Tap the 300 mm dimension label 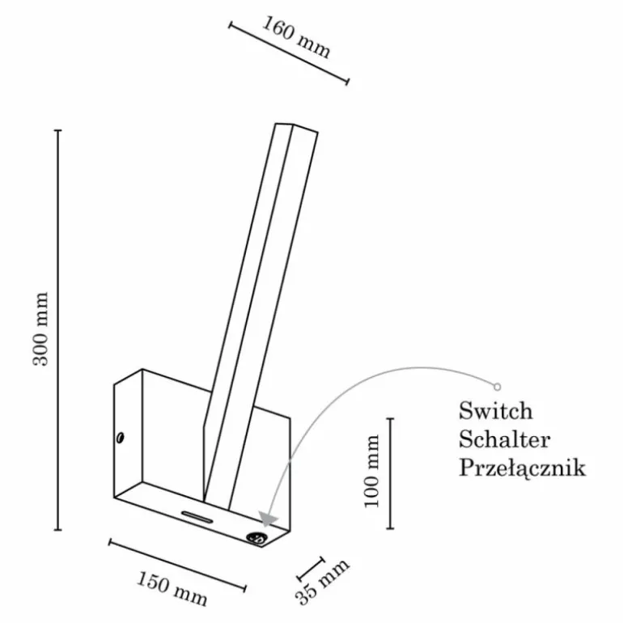click(40, 328)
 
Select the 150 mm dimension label click(172, 589)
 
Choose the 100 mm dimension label click(372, 471)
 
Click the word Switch click(495, 411)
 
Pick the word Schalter click(505, 439)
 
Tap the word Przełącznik click(522, 468)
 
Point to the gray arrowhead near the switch click(268, 519)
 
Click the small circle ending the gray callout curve click(497, 387)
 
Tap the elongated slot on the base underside click(197, 516)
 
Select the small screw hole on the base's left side click(121, 438)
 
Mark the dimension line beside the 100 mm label click(391, 473)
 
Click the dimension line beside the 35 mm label click(311, 569)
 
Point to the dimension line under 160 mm click(289, 53)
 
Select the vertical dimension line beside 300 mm click(58, 330)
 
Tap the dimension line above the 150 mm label click(177, 566)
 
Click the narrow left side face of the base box click(128, 434)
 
